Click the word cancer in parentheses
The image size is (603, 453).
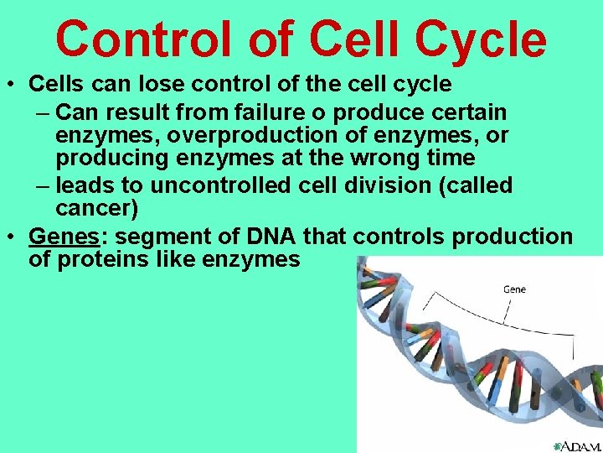click(95, 208)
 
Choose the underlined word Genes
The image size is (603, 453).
click(59, 236)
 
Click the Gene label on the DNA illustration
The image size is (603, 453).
click(514, 289)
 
